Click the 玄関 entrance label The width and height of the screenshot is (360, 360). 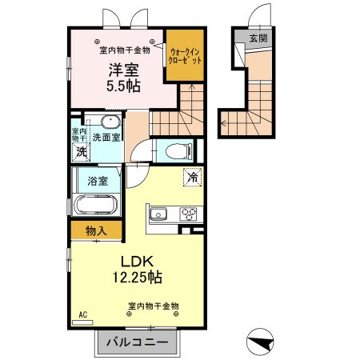[x=258, y=37]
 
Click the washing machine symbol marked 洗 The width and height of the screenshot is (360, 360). [x=81, y=151]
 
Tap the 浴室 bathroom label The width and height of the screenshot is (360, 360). [x=98, y=181]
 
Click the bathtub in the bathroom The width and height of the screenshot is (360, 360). [x=96, y=204]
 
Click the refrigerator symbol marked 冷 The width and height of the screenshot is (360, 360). [x=192, y=178]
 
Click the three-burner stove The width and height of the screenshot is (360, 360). [x=190, y=214]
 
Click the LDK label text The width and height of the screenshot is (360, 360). [x=137, y=262]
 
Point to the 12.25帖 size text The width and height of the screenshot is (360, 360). [x=137, y=278]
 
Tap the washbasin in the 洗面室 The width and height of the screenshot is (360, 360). [x=110, y=122]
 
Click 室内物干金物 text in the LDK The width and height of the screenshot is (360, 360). [x=153, y=306]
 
